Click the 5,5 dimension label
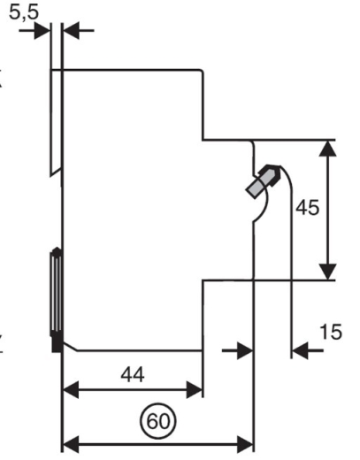click(x=24, y=13)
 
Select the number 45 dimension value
click(x=308, y=208)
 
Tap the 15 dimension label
click(x=331, y=332)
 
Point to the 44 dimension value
click(x=133, y=375)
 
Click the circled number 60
click(x=158, y=421)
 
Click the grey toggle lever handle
click(x=262, y=182)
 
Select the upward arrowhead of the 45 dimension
click(x=328, y=149)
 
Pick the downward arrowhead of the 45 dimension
click(x=328, y=272)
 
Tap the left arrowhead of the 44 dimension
click(x=71, y=389)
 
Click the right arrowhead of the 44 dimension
click(x=195, y=389)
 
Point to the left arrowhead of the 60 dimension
click(x=71, y=444)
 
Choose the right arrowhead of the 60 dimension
click(x=245, y=444)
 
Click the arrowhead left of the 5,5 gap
click(x=42, y=30)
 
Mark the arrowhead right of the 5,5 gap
click(x=72, y=30)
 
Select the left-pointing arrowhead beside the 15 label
click(x=300, y=350)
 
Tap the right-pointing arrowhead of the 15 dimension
click(x=245, y=350)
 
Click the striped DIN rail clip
click(x=56, y=292)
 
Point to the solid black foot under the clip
click(x=57, y=343)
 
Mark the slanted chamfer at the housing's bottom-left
click(x=70, y=347)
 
